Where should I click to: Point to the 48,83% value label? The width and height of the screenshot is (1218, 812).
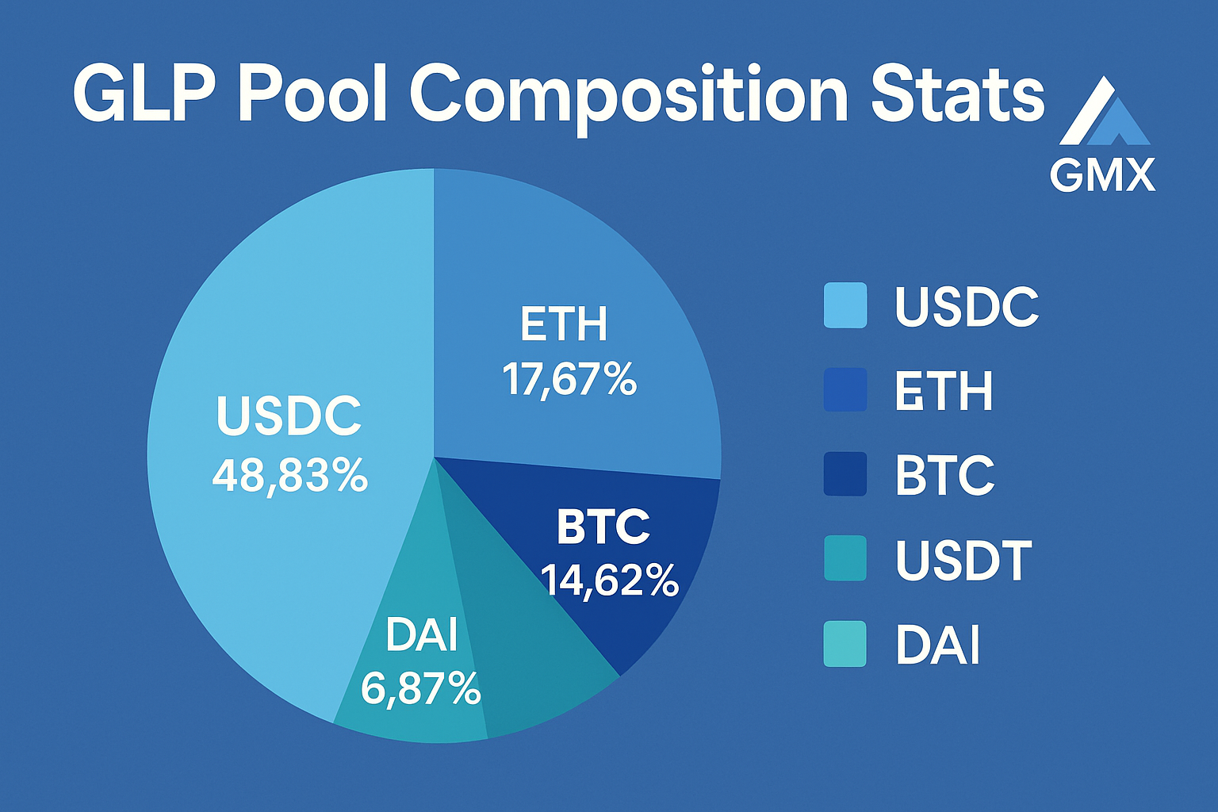coord(290,476)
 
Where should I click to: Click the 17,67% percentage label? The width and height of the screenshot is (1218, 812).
coord(569,379)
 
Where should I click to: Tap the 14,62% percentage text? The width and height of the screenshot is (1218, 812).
coord(610,580)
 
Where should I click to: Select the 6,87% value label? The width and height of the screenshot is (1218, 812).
coord(420,688)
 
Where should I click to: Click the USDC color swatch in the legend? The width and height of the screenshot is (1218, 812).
coord(845,305)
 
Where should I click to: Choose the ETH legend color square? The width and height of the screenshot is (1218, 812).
coord(845,390)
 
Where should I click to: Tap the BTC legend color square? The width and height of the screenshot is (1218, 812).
coord(845,474)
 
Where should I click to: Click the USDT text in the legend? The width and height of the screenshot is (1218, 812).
coord(963,560)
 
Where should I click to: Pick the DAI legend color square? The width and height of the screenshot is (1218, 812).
coord(845,644)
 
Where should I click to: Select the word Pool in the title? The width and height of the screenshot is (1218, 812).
coord(313,95)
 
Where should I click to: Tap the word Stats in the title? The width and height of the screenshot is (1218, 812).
coord(957,95)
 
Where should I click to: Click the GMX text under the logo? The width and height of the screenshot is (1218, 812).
coord(1102,175)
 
